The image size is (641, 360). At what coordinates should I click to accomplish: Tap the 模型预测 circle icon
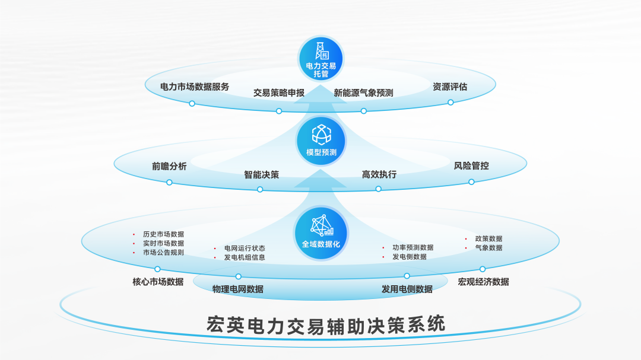(320, 141)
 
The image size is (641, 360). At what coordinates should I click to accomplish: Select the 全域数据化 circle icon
(320, 232)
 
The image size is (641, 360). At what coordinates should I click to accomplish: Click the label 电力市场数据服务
(195, 87)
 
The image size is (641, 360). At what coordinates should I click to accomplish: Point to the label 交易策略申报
(279, 93)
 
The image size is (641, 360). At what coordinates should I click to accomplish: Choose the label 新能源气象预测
(363, 93)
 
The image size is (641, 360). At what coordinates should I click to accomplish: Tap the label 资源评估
(450, 87)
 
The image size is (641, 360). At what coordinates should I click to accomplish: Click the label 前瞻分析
(169, 167)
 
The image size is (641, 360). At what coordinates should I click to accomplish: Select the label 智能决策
(261, 175)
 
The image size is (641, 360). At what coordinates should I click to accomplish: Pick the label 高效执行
(379, 174)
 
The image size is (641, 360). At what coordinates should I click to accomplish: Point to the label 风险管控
(471, 166)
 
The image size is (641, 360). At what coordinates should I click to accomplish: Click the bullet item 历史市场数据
(163, 234)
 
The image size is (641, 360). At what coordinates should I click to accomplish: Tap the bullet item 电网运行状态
(245, 249)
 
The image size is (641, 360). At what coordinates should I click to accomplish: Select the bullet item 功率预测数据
(412, 247)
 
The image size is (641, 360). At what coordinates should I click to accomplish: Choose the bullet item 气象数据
(488, 248)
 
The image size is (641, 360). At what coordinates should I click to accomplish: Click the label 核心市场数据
(158, 282)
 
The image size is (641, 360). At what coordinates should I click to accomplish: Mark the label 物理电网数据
(238, 289)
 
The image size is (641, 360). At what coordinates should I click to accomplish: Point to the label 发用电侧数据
(407, 289)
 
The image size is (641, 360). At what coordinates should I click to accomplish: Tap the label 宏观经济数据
(483, 282)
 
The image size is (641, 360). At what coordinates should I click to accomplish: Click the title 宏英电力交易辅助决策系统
(326, 324)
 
